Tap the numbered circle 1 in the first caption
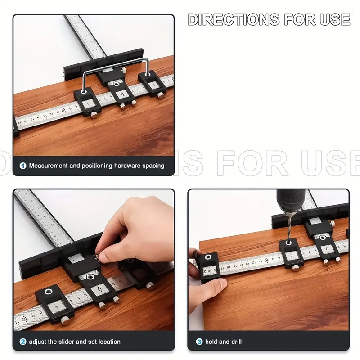click(x=22, y=166)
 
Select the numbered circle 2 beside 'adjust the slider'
click(x=22, y=342)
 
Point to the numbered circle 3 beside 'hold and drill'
click(x=199, y=342)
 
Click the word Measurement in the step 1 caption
click(x=48, y=166)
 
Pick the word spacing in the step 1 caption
click(x=152, y=166)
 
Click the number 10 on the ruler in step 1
click(x=63, y=110)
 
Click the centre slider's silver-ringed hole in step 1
click(x=117, y=84)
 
